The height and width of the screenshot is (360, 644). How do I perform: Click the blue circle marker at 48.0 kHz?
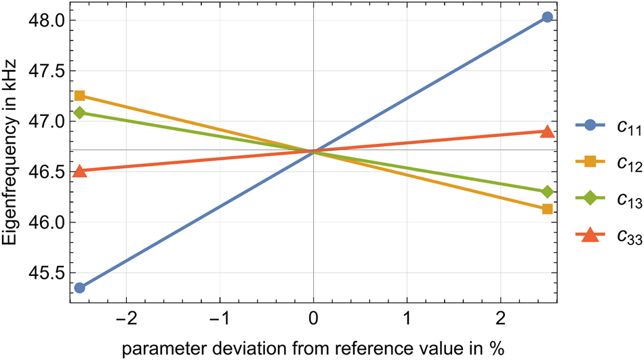click(548, 17)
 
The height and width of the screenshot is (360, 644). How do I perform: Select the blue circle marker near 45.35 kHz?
click(79, 287)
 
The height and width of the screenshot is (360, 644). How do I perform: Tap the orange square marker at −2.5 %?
click(79, 96)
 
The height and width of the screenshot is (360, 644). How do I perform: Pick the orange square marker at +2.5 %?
click(548, 209)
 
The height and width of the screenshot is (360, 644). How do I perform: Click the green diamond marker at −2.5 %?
click(79, 113)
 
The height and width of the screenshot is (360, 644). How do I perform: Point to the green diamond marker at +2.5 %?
click(548, 192)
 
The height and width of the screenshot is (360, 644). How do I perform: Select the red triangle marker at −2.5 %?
click(79, 171)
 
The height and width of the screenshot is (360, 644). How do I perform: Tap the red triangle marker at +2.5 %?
click(548, 131)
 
